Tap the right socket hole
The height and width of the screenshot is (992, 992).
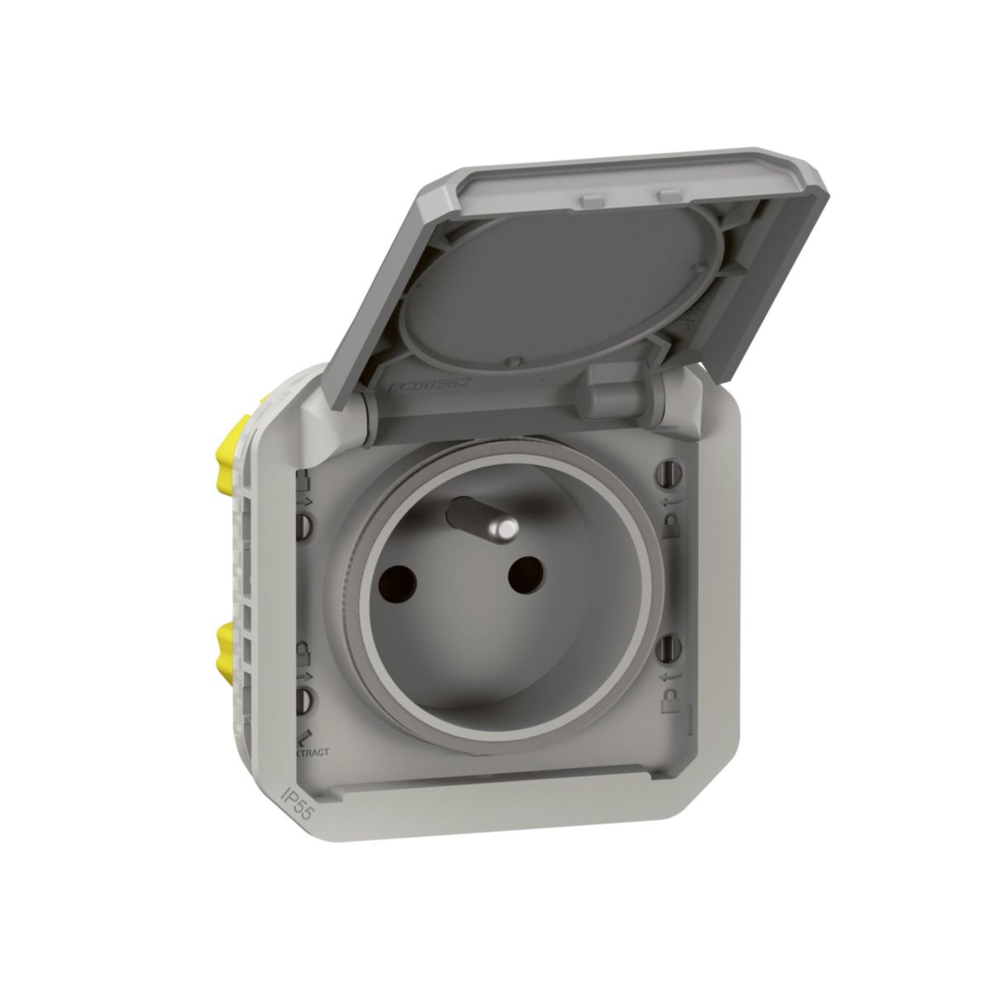pos(521,574)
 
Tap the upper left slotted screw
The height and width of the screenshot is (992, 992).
pos(305,523)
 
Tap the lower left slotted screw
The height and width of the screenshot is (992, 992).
pos(303,701)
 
